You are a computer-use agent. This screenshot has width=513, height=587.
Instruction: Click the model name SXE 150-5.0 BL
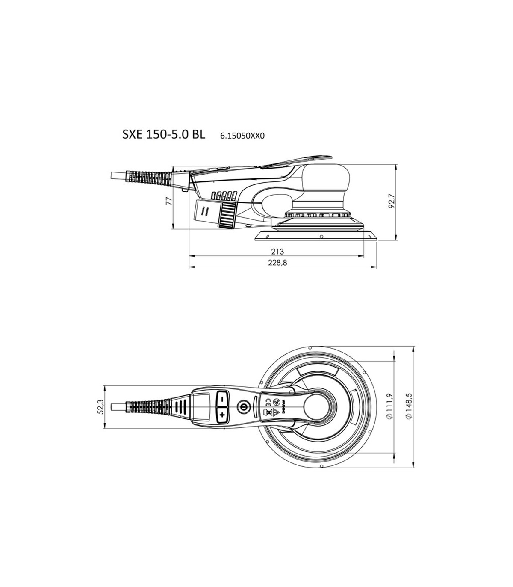(164, 135)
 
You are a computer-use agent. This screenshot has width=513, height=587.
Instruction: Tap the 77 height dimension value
(169, 201)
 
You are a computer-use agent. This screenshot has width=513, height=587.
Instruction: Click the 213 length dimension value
(277, 251)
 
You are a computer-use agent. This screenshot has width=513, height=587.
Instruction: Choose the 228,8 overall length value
(277, 263)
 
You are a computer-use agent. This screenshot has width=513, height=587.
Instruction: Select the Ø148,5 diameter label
(410, 406)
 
